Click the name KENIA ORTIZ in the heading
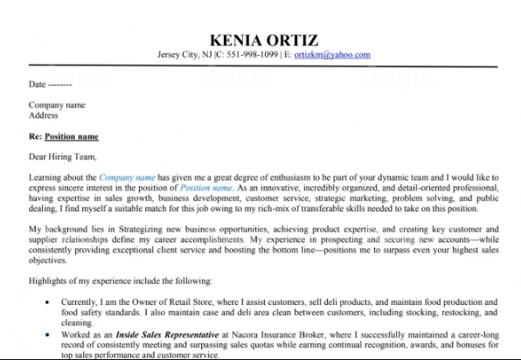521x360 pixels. tap(264, 39)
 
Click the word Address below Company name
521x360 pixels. tap(43, 115)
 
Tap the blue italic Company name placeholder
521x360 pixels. tap(127, 177)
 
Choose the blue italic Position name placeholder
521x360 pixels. tap(206, 188)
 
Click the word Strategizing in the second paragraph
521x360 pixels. tap(137, 227)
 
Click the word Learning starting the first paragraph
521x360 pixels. tap(46, 177)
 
